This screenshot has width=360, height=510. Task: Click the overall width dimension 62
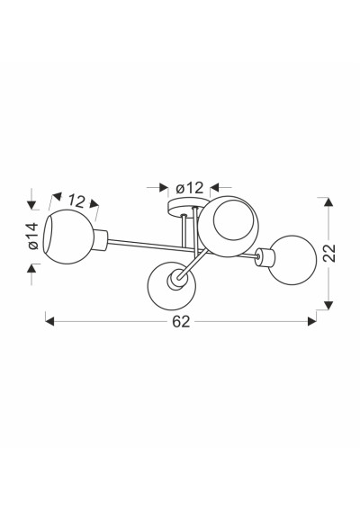click(x=181, y=322)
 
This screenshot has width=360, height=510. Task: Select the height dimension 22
click(x=329, y=253)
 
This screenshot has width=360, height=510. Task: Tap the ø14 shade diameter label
click(x=33, y=237)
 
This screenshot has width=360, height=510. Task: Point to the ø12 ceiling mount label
click(x=189, y=188)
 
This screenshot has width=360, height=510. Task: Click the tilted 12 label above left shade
click(x=76, y=201)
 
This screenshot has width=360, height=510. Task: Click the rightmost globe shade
click(x=292, y=260)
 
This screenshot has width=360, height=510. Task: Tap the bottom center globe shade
click(x=172, y=285)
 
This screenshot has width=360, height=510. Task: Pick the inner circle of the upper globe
click(x=233, y=220)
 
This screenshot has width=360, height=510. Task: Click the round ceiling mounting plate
click(x=184, y=207)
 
